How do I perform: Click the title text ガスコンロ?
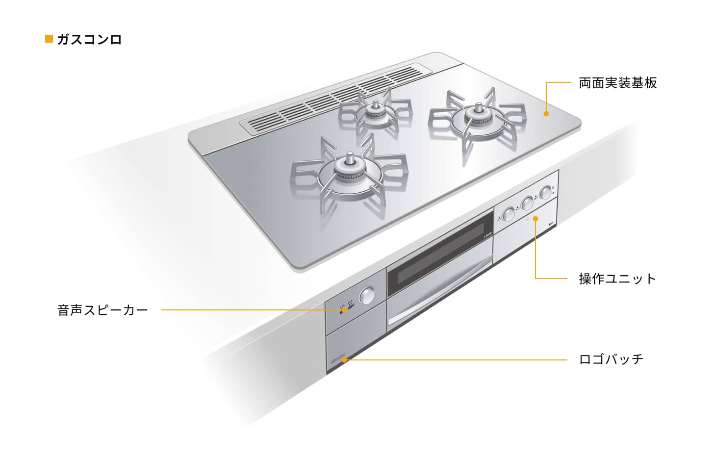coord(90,40)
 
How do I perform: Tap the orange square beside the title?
coord(49,39)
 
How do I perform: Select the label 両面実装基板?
coord(618,83)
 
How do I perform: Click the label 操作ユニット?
coord(617,279)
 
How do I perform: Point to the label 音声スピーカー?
coord(102,310)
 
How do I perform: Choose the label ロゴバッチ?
coord(612,359)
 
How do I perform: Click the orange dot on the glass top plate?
coord(546,113)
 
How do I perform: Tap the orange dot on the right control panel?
coord(535,219)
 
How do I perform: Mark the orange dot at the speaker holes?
coord(344,310)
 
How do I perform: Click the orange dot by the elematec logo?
coord(344,360)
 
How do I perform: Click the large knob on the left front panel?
coord(367,296)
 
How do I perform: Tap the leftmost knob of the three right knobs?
coord(509,214)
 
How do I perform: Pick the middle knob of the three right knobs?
coord(527,203)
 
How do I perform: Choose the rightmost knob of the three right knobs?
coord(546,193)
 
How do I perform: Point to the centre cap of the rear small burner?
coord(376,105)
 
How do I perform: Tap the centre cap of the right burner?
coord(479,107)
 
